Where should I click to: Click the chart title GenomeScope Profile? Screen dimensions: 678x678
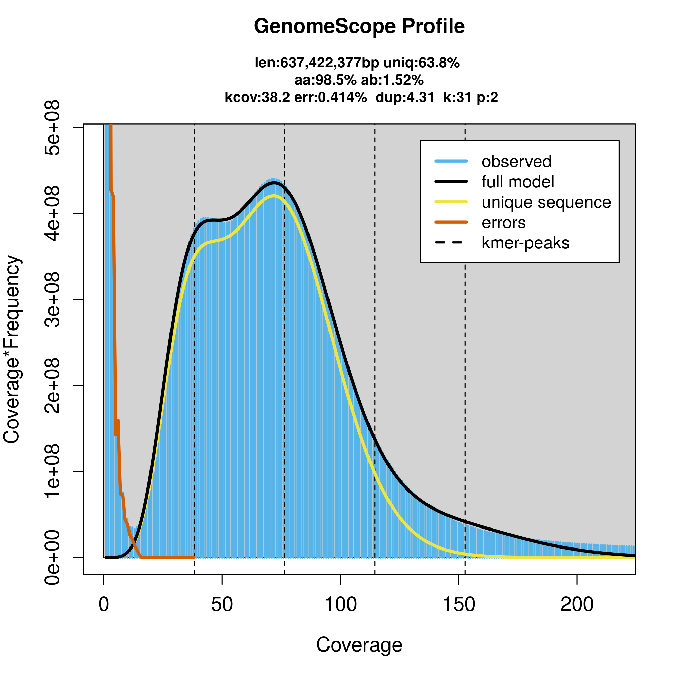[x=359, y=26]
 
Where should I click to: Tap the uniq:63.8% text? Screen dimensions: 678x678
[x=421, y=63]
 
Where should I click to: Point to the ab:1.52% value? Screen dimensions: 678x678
[x=392, y=80]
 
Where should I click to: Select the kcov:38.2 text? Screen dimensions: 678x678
[x=257, y=97]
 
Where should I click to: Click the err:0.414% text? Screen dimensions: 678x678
[x=330, y=97]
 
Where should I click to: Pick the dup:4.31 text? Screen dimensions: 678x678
[x=405, y=97]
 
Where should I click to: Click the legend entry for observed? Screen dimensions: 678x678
[x=516, y=161]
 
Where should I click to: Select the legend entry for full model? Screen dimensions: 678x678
[x=518, y=182]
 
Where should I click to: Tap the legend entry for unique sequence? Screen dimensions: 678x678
[x=546, y=202]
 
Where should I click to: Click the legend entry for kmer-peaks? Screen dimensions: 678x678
[x=525, y=243]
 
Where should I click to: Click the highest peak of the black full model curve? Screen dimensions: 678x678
[x=275, y=182]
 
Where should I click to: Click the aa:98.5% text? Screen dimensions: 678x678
[x=325, y=80]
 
